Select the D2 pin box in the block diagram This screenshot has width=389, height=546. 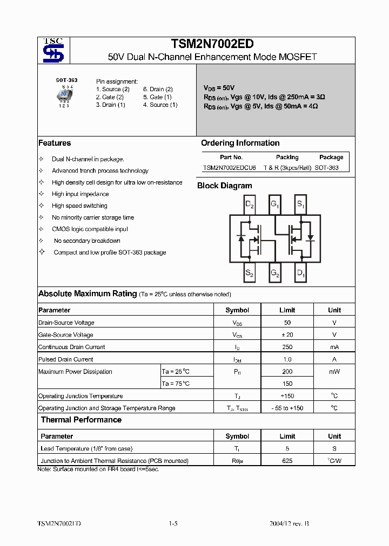[249, 204]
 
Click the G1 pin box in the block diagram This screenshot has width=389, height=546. [275, 204]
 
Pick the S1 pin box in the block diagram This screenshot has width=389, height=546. [301, 204]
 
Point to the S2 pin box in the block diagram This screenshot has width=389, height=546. [249, 273]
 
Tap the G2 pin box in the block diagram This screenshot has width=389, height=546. [275, 273]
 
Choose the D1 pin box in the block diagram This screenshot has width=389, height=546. [301, 273]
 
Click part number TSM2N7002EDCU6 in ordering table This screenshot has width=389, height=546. [230, 168]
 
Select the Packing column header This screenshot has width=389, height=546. [287, 157]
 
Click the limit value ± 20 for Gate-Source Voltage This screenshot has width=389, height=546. [287, 335]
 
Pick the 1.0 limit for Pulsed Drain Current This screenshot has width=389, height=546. [287, 359]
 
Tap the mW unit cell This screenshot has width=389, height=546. [334, 372]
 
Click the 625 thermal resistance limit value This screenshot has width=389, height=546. [287, 461]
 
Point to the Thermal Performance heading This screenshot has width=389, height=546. [81, 420]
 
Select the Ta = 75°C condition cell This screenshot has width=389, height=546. [176, 384]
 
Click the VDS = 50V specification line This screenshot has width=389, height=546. [219, 87]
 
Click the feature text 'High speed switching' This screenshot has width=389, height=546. [79, 206]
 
